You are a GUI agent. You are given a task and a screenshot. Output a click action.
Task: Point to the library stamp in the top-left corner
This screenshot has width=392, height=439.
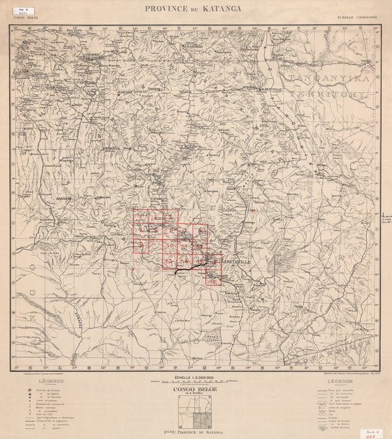20,11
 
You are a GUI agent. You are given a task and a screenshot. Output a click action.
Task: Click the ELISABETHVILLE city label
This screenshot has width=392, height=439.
234,260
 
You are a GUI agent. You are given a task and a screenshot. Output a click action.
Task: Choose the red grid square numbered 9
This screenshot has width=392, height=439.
142,246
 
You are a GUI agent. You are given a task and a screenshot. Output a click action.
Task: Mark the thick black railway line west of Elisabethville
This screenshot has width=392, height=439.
187,271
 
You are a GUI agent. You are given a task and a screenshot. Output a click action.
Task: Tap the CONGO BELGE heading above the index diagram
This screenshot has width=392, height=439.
195,391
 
